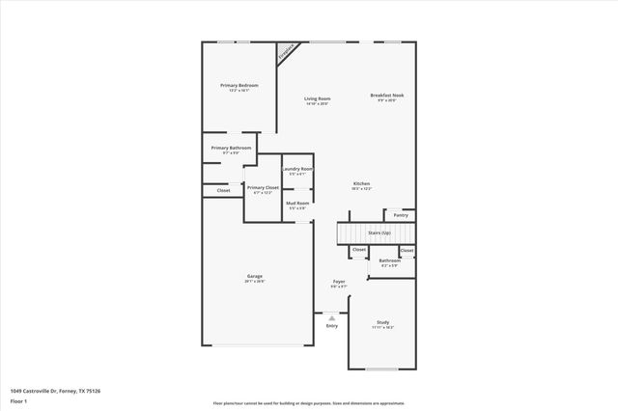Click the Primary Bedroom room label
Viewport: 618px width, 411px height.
coord(239,86)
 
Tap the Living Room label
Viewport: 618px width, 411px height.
coord(318,98)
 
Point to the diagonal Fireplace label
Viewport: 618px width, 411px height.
coord(286,53)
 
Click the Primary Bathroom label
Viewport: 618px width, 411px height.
coord(231,148)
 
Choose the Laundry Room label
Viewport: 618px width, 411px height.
coord(297,169)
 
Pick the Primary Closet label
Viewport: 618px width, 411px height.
coord(263,187)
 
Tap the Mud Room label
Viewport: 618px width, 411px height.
coord(297,203)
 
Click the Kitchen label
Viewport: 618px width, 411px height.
coord(361,183)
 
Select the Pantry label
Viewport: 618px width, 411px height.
coord(400,215)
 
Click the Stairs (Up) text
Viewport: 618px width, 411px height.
coord(379,233)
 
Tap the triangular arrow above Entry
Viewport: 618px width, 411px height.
coord(332,317)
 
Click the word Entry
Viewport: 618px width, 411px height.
coord(332,326)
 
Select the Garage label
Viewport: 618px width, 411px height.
coord(254,276)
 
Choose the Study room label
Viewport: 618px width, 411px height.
coord(382,322)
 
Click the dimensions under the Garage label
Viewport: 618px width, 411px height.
coord(254,282)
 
